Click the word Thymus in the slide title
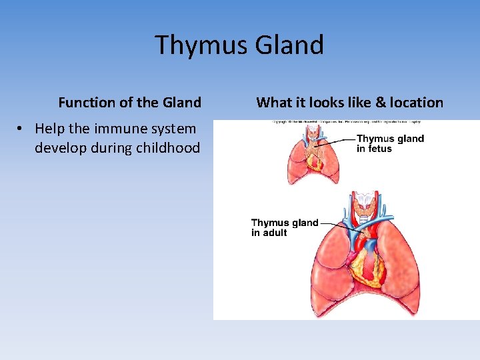199,45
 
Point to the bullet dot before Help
23,129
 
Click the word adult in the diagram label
275,233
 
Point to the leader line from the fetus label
337,140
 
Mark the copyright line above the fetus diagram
346,122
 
